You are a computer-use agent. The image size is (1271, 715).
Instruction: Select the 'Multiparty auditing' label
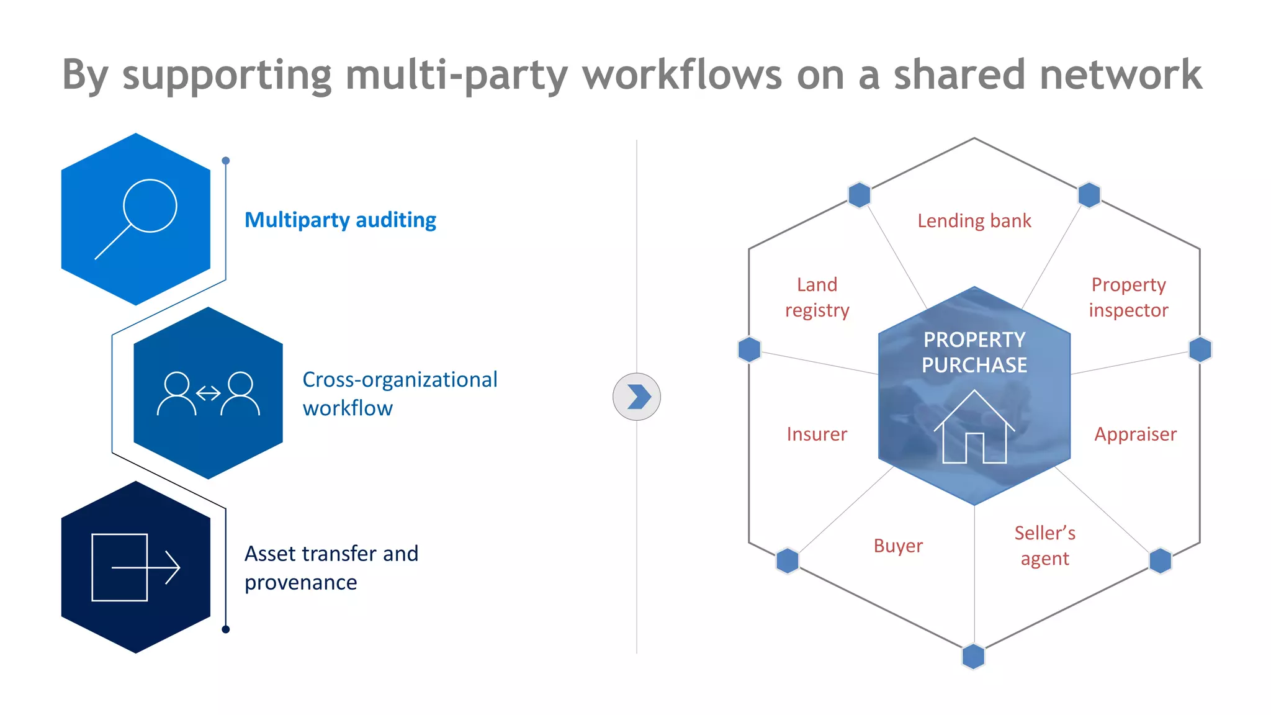pos(340,220)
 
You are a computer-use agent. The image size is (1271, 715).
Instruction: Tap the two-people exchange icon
pos(208,393)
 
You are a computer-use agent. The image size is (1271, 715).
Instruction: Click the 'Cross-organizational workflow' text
pos(399,393)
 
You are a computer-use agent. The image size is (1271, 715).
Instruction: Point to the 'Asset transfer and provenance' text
pos(331,567)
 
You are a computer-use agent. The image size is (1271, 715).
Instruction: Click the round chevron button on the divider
pos(636,397)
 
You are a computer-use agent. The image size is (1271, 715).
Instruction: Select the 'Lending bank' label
pos(974,221)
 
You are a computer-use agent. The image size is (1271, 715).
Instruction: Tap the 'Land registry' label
pos(817,297)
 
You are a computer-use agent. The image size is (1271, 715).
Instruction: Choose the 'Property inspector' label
pos(1128,297)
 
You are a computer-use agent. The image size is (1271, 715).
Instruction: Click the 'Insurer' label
pos(817,434)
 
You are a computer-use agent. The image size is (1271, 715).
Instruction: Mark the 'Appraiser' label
pos(1135,434)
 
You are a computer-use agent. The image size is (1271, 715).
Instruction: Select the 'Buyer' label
pos(898,546)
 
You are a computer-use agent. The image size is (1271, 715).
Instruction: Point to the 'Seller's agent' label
pos(1044,546)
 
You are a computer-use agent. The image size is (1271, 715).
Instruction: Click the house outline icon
pos(974,428)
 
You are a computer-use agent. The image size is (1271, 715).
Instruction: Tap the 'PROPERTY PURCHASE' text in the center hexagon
pos(974,352)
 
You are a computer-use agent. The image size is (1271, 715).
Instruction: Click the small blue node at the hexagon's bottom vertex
pos(973,657)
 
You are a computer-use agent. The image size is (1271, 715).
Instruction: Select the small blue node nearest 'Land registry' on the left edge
pos(750,349)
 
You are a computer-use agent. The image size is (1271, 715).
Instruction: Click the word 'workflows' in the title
pos(682,74)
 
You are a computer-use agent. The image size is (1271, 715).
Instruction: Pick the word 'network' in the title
pos(1121,74)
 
